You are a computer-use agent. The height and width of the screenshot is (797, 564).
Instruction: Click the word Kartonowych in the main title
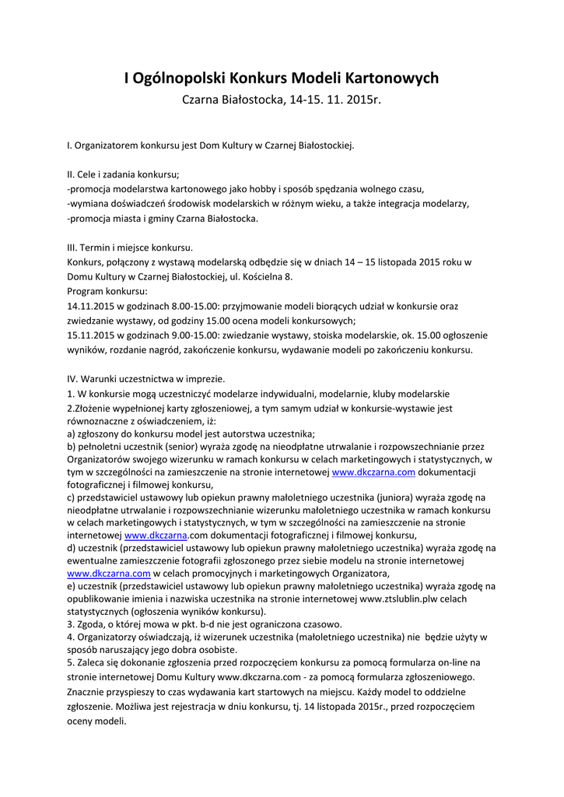coord(391,78)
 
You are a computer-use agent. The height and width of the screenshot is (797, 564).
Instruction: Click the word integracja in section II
coord(415,204)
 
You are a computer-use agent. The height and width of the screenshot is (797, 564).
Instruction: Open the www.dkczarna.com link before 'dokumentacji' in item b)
coord(373,472)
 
